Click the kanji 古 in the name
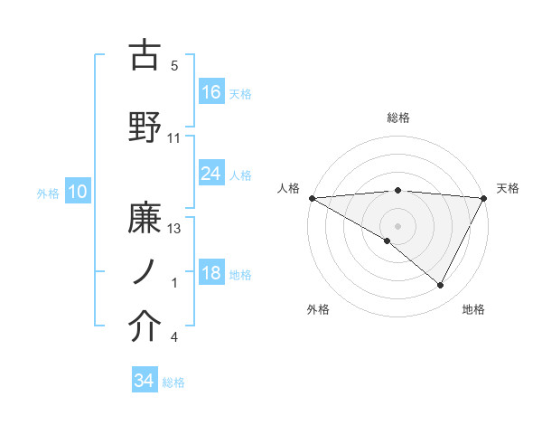tap(145, 55)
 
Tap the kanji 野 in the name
tap(145, 126)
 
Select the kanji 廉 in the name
tap(145, 216)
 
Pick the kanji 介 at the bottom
tap(145, 326)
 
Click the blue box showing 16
tap(211, 92)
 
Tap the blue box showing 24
tap(211, 174)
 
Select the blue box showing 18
tap(211, 273)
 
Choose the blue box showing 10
tap(78, 192)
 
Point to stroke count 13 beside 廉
tap(175, 228)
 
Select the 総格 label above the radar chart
tap(398, 118)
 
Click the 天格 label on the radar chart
tap(509, 188)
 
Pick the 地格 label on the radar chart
tap(473, 309)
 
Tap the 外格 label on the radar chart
tap(318, 309)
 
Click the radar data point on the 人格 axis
tap(312, 198)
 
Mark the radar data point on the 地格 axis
tap(441, 286)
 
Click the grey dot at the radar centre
tap(397, 225)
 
